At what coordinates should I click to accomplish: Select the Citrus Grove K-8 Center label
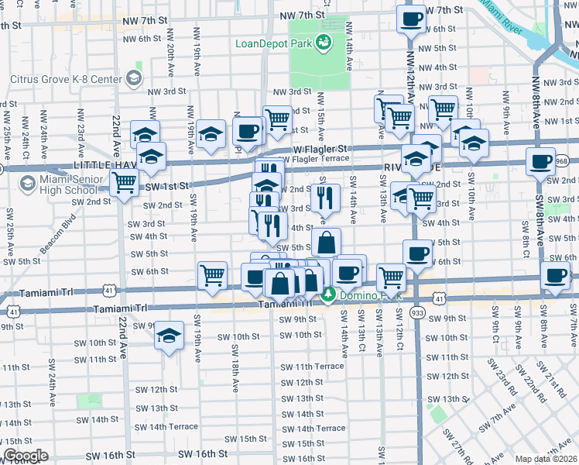click(66, 79)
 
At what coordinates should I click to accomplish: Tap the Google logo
click(26, 456)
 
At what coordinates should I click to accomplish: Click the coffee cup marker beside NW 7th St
click(411, 18)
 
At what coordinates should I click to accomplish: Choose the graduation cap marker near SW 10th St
click(169, 336)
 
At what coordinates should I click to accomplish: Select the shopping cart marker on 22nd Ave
click(124, 184)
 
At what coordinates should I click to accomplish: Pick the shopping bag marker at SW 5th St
click(327, 241)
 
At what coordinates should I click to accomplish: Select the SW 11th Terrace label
click(312, 367)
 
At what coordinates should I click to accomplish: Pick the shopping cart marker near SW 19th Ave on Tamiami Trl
click(211, 274)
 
